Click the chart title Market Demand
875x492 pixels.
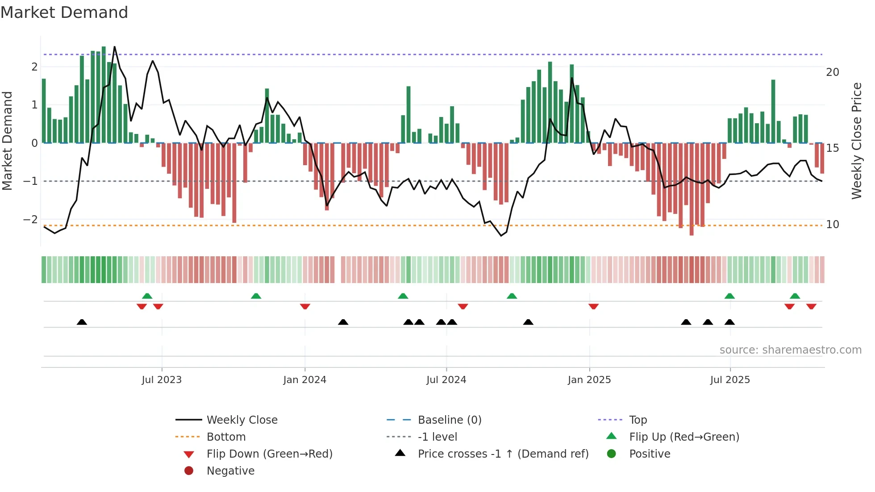64,13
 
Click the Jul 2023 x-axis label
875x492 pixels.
162,380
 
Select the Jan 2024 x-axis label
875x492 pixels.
304,380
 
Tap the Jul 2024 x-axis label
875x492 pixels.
446,380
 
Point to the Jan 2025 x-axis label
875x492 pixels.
589,380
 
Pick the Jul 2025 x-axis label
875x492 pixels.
730,380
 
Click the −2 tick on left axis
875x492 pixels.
31,220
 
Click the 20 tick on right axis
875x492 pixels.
832,72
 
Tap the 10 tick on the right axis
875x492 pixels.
832,225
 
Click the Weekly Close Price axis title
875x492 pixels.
856,141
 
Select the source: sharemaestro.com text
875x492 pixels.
790,350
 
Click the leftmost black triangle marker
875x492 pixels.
82,322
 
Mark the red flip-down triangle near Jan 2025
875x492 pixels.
593,306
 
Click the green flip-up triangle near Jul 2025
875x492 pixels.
729,296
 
